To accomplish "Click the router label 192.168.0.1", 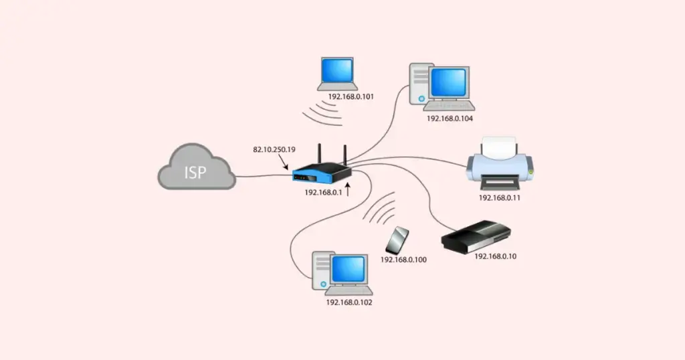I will click(324, 192).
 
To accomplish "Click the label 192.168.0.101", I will click(351, 97).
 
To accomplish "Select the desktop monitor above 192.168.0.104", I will click(449, 84).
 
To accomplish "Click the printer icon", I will click(501, 164).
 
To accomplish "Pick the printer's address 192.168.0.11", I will click(500, 198).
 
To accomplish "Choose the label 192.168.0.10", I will click(496, 256).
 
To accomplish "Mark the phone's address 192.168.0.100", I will click(403, 259).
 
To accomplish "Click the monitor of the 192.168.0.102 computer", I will click(347, 271).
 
